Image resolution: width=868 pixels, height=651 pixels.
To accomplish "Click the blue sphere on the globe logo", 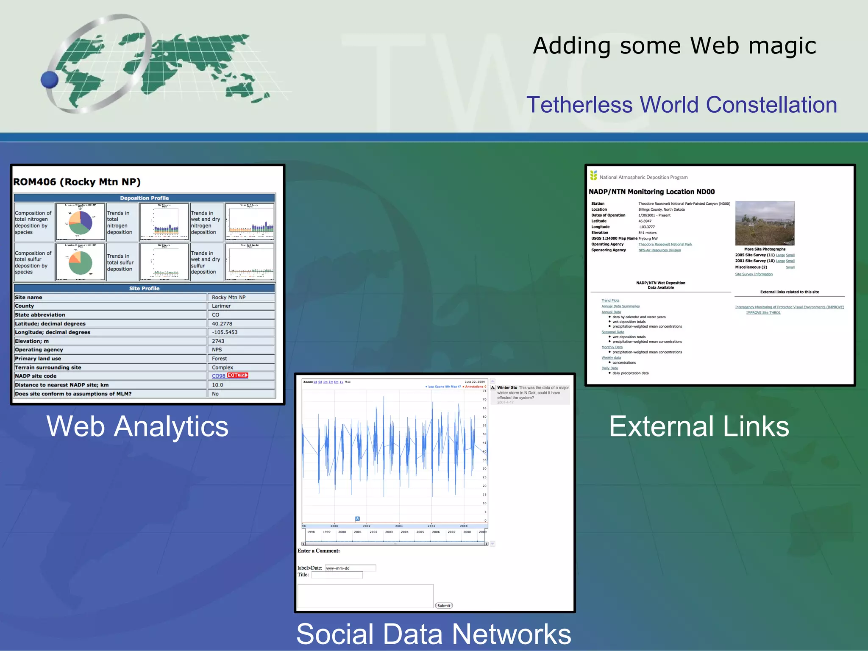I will tap(50, 80).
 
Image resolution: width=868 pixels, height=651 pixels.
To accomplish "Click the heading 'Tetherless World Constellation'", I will tap(682, 105).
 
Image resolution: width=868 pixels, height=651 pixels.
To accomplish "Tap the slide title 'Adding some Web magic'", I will tap(674, 46).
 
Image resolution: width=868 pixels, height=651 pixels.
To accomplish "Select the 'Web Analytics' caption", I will tap(137, 426).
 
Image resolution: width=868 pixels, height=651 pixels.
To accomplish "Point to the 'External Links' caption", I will tap(699, 426).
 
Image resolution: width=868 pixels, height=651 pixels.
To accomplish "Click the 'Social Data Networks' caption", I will tap(434, 634).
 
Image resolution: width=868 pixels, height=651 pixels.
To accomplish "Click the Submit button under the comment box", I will tap(444, 606).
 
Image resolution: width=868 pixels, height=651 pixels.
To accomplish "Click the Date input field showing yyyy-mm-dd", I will tap(350, 568).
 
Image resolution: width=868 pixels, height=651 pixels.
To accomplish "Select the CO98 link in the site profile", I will tap(218, 376).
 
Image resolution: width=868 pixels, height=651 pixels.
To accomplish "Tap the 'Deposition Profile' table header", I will tap(145, 198).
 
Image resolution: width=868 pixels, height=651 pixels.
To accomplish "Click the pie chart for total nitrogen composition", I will tap(80, 222).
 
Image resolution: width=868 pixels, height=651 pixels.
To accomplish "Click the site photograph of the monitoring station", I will tap(765, 223).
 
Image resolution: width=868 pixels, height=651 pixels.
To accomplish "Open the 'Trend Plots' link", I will tap(610, 300).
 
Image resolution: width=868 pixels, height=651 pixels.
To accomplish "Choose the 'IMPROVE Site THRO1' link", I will tap(763, 313).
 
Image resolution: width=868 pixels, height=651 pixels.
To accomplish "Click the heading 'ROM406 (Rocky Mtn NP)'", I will tap(77, 182).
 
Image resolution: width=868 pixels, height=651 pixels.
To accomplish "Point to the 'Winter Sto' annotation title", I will tap(507, 388).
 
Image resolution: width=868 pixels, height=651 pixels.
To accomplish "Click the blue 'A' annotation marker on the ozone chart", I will tap(357, 519).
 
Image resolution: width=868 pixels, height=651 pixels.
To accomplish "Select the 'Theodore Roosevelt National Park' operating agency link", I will tap(665, 245).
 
